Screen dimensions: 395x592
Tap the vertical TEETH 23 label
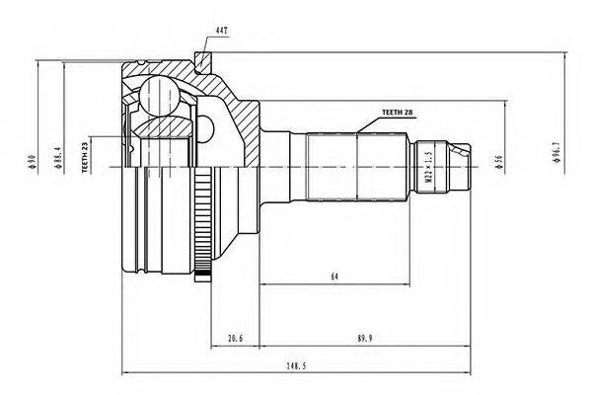pos(86,155)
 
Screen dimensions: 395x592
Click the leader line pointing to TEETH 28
pos(366,123)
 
